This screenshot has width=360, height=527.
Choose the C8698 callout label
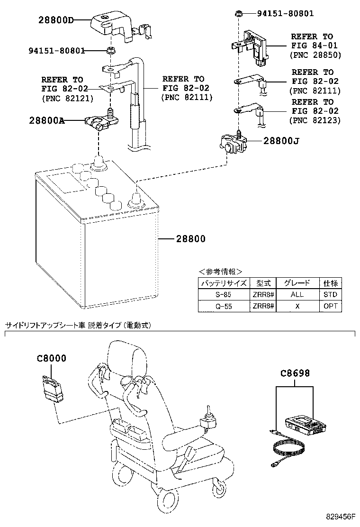click(x=295, y=373)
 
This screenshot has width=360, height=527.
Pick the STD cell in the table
click(x=330, y=294)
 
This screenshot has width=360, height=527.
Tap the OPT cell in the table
click(x=330, y=306)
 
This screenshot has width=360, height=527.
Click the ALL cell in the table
click(x=297, y=294)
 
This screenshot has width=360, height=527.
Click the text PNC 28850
click(x=315, y=55)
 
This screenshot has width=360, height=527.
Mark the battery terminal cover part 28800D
click(x=114, y=24)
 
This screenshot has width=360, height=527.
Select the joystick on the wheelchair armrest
click(x=207, y=417)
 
